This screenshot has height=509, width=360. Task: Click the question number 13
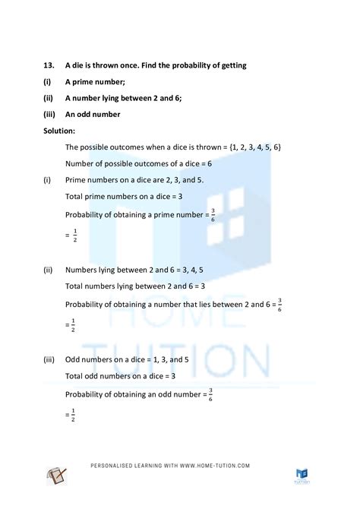click(49, 65)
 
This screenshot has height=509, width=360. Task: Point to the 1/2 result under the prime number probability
click(73, 237)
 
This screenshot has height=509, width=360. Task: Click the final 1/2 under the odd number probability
click(73, 415)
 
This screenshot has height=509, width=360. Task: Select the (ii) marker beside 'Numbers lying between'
click(49, 270)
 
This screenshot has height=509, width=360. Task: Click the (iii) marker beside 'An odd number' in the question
click(50, 115)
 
